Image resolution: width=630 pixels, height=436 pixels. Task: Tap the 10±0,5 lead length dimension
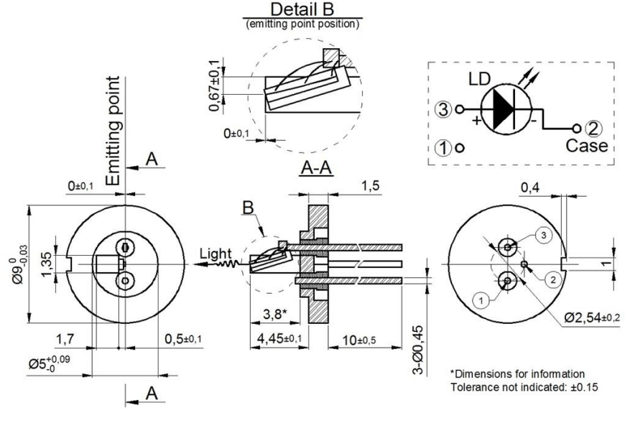356,338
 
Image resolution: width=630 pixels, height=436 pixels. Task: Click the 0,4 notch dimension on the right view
532,187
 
